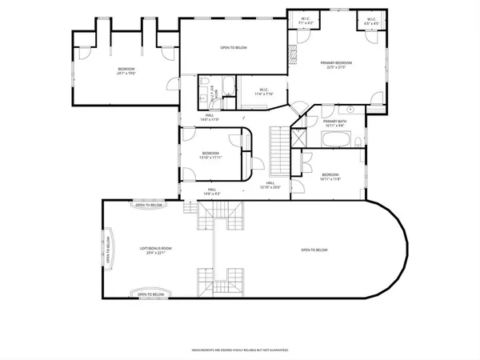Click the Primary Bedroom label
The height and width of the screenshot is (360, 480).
click(336, 65)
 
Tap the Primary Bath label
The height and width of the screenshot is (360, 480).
click(334, 123)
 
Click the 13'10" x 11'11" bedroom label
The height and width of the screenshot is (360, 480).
click(210, 155)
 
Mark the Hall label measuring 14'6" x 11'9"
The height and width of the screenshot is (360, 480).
click(210, 118)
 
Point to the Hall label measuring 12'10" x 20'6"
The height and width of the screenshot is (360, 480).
click(270, 186)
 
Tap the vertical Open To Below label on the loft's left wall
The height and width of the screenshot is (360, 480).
click(108, 250)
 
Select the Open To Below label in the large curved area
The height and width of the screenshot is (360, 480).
click(314, 250)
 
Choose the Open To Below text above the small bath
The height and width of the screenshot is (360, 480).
click(234, 48)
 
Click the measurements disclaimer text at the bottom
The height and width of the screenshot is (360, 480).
click(239, 350)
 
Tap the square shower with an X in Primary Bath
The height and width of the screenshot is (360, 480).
click(299, 139)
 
